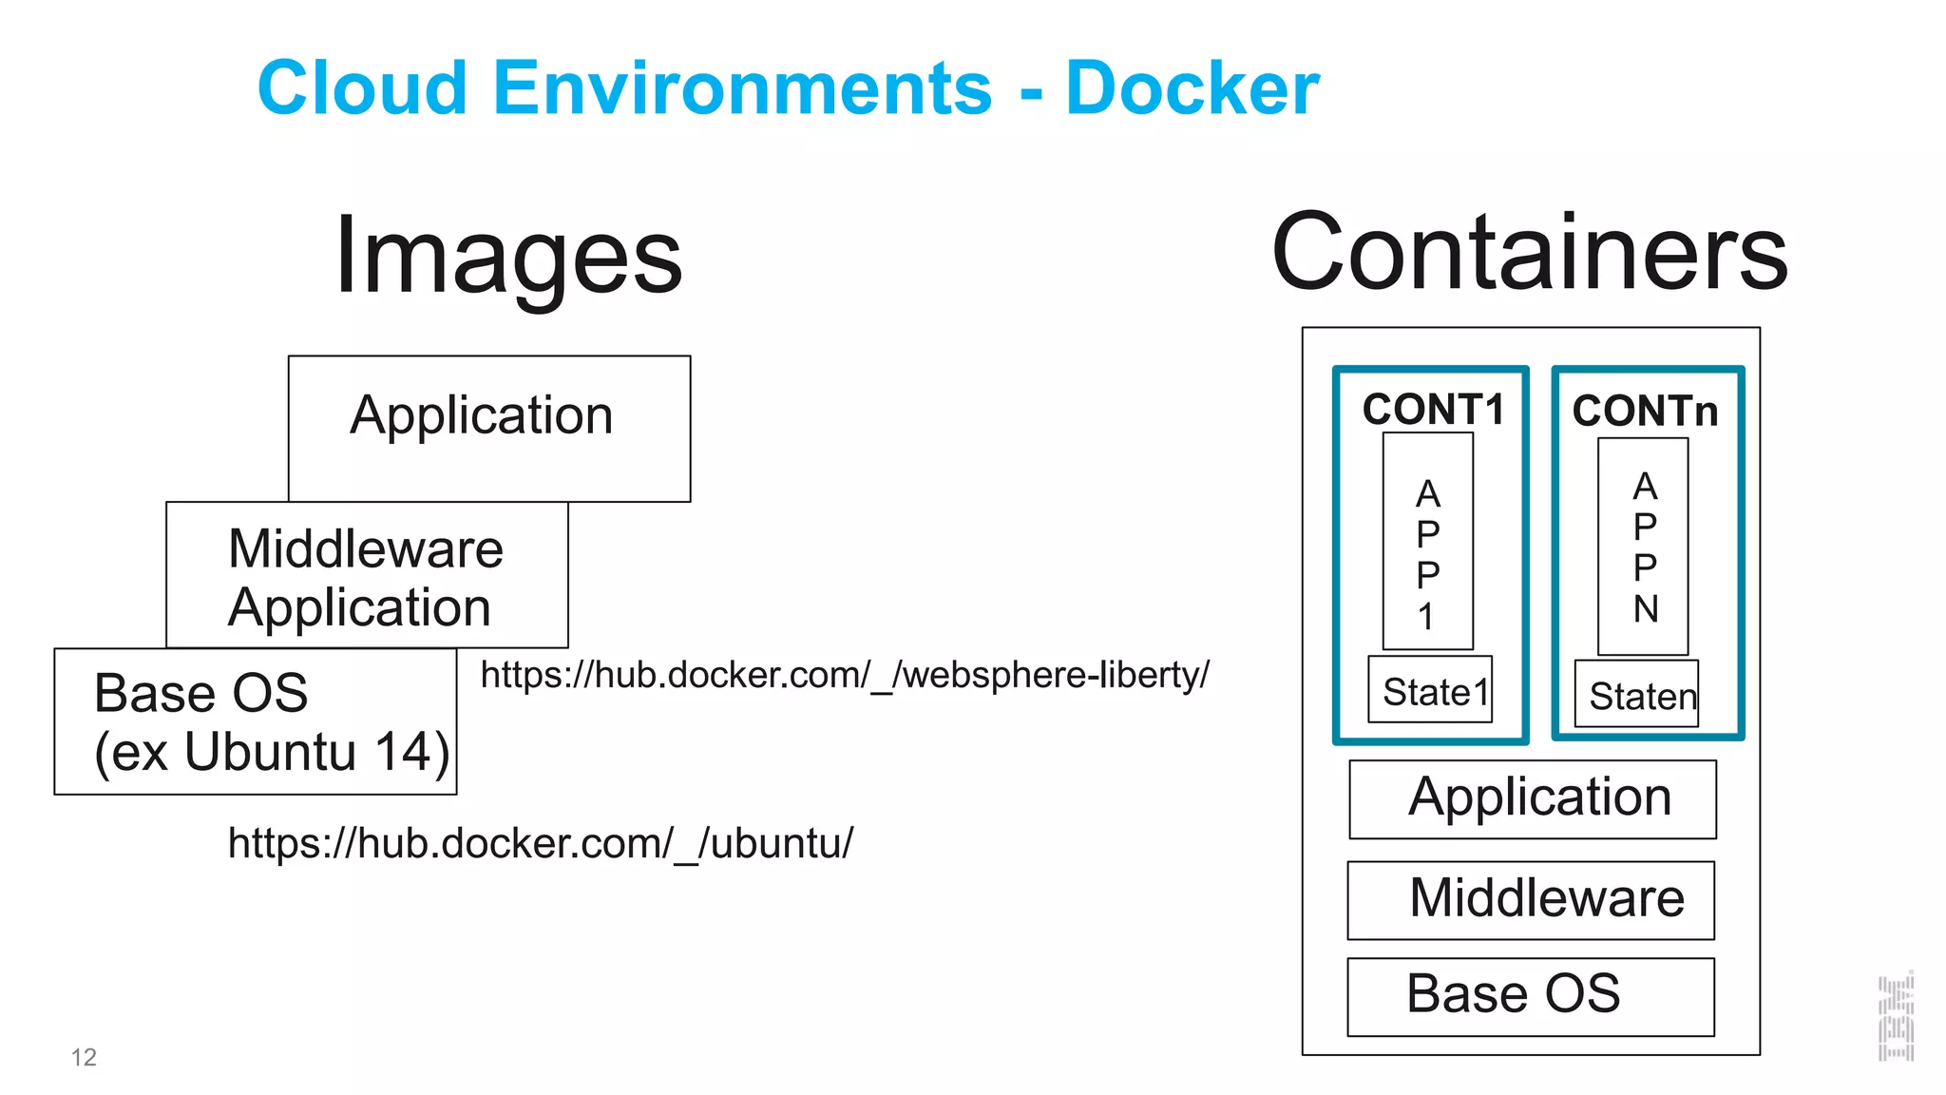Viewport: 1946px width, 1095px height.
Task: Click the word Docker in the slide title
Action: pos(1192,88)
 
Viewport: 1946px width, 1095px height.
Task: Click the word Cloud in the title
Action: pos(362,88)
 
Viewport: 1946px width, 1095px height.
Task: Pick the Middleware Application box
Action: pos(367,576)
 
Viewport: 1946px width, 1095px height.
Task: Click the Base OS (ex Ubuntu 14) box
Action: pos(255,721)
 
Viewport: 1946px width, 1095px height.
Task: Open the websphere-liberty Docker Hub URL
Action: pos(845,675)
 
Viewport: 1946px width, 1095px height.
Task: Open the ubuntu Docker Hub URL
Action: pos(541,843)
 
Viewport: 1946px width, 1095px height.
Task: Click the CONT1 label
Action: pos(1433,410)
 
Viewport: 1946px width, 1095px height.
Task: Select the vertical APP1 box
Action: pos(1427,542)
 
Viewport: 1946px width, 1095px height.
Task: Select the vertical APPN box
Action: pos(1643,547)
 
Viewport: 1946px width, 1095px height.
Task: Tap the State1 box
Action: pos(1430,690)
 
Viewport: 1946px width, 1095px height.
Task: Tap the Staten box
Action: pos(1636,695)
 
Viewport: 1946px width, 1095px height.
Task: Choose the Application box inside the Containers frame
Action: pos(1532,798)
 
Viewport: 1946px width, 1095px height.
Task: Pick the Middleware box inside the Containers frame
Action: pos(1531,900)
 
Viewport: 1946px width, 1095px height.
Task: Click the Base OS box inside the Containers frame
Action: pos(1531,996)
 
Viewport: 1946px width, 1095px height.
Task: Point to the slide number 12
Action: pos(84,1057)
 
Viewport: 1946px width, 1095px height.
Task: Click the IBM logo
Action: pos(1896,1017)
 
